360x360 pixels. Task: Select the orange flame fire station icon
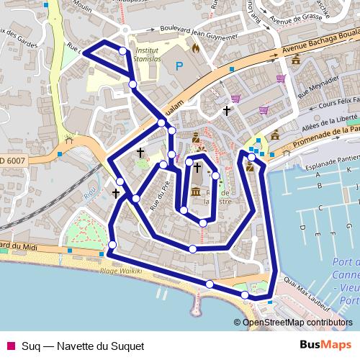194,48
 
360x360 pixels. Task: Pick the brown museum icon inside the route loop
197,192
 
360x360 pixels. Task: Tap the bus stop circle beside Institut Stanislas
123,50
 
